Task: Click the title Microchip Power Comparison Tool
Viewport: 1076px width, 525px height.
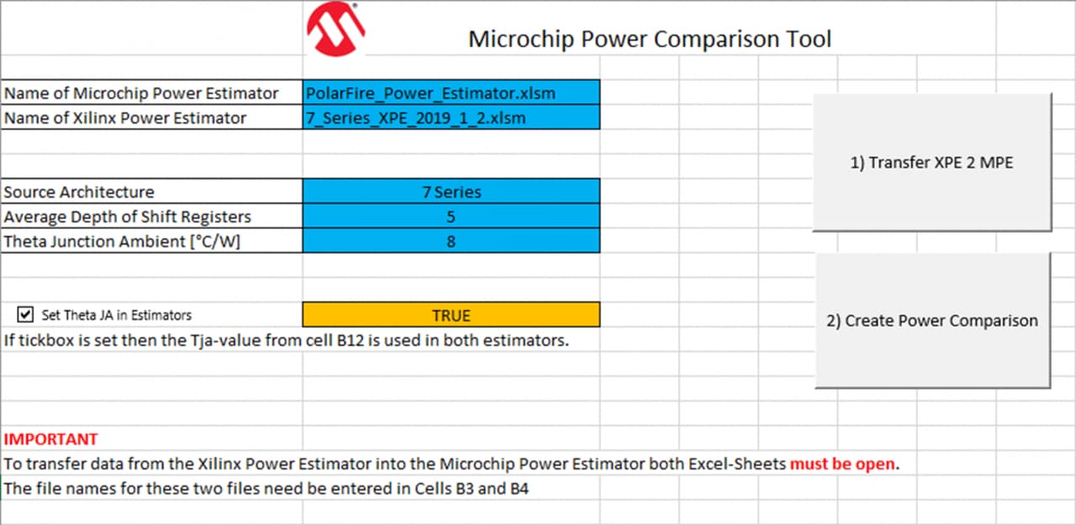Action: pos(649,39)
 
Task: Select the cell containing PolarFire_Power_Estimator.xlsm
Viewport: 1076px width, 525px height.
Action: pos(451,93)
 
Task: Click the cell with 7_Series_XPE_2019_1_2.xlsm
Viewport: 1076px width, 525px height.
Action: pos(451,118)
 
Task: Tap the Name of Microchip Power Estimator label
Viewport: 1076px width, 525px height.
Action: pos(141,93)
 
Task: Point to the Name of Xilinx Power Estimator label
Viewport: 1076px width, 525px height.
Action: pos(125,118)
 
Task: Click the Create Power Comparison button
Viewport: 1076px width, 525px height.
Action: pos(932,321)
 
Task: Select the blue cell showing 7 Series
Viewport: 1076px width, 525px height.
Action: pos(451,192)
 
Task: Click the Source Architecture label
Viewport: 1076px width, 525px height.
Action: pos(79,192)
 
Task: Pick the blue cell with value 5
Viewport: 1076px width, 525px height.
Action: pos(451,217)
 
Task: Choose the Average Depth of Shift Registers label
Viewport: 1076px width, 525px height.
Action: pos(128,217)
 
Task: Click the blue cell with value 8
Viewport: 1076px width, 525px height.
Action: pos(451,241)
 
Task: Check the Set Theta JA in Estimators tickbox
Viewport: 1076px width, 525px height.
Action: pos(25,315)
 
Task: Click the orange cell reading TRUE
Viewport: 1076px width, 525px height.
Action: pos(451,315)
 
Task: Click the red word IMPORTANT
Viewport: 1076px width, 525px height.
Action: pos(51,438)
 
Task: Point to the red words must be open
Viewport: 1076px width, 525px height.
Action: pos(841,464)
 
